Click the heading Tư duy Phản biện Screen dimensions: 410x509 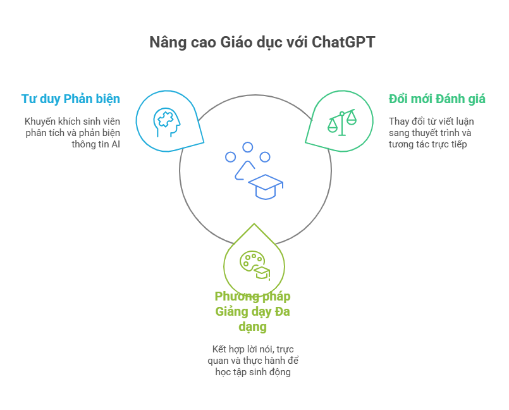[x=70, y=99]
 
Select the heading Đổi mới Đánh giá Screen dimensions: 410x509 [x=437, y=99]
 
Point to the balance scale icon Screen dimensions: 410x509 [x=341, y=121]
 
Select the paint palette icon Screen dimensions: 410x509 [x=252, y=263]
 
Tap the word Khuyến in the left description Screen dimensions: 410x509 [x=40, y=121]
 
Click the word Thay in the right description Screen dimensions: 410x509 [x=398, y=121]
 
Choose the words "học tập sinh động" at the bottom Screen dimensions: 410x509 [x=253, y=372]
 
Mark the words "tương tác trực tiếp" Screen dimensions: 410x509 [x=428, y=144]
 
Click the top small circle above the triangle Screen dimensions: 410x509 [x=248, y=147]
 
